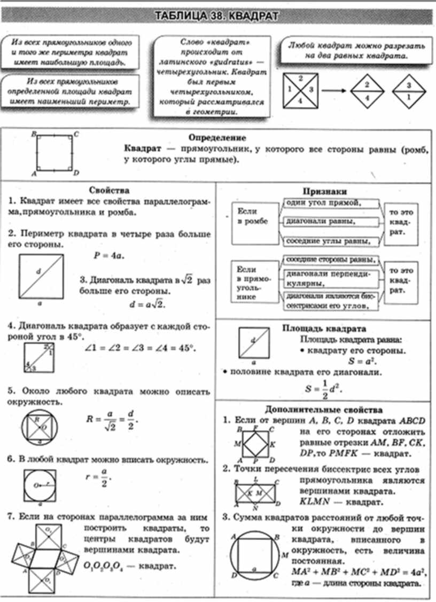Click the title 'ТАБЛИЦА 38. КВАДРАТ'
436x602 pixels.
tap(216, 16)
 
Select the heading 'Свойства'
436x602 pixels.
tap(110, 190)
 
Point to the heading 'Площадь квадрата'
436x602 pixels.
tap(324, 329)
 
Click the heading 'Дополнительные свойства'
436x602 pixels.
tap(324, 410)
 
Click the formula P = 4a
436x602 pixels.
tap(109, 255)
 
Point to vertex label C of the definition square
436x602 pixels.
tap(76, 134)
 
